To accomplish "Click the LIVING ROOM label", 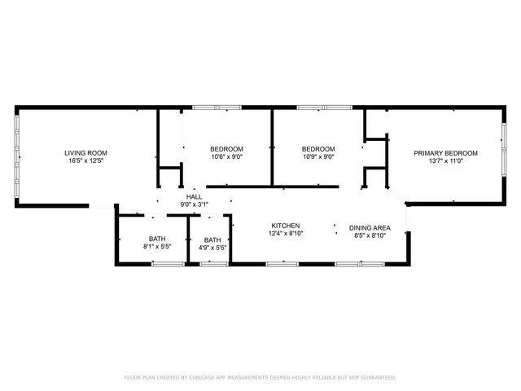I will (x=86, y=152).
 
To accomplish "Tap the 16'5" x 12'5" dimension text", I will (x=86, y=161).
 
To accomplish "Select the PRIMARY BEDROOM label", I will (x=445, y=152).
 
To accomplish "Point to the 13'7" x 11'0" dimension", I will (x=445, y=161).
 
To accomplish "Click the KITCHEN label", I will (x=287, y=226).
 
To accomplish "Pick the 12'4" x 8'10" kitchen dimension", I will (x=287, y=235).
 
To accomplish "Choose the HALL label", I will (x=195, y=197).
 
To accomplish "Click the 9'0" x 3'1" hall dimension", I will (x=195, y=205).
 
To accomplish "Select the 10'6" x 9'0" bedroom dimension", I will (x=227, y=157).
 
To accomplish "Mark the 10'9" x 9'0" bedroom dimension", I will (x=319, y=157).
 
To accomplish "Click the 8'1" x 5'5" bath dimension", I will (x=156, y=246).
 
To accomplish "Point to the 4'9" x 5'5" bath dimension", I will (x=212, y=248).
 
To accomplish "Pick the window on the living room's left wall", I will (x=17, y=155).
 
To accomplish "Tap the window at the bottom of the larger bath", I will (x=167, y=263).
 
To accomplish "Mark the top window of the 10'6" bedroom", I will (x=217, y=108).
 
